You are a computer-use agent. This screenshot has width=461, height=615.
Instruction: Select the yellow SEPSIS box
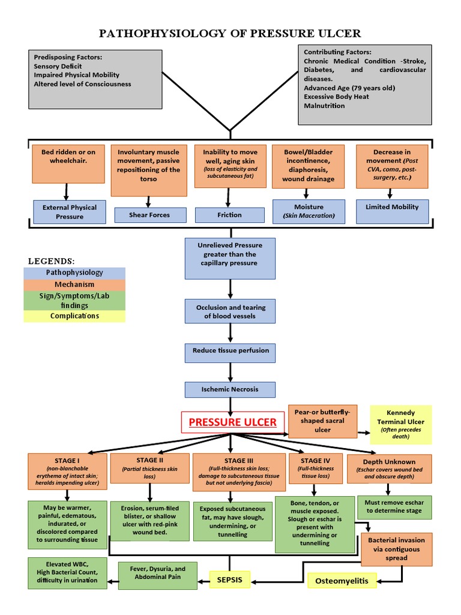pyautogui.click(x=229, y=580)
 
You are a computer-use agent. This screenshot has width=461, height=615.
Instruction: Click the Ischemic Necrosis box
pyautogui.click(x=230, y=389)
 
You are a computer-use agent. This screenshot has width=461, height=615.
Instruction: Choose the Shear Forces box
pyautogui.click(x=149, y=215)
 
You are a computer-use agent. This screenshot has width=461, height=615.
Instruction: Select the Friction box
pyautogui.click(x=230, y=215)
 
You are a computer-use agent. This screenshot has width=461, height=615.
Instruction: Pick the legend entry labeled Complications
pyautogui.click(x=74, y=316)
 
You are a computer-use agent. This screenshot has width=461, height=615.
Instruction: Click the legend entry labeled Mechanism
pyautogui.click(x=74, y=285)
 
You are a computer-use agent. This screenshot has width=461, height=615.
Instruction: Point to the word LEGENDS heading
pyautogui.click(x=52, y=261)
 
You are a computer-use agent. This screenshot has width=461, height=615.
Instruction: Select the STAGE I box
pyautogui.click(x=67, y=471)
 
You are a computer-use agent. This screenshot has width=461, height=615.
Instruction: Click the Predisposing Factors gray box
pyautogui.click(x=94, y=80)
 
